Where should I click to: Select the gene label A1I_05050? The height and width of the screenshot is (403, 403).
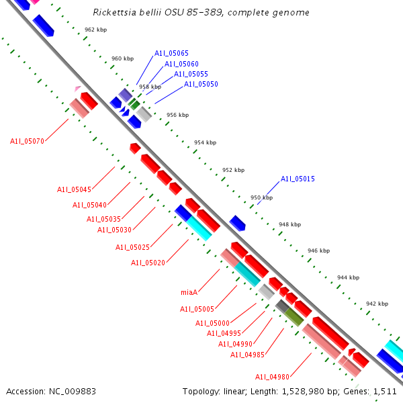201,84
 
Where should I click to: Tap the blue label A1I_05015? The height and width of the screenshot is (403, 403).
298,179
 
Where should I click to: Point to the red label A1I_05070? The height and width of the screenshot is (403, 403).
27,141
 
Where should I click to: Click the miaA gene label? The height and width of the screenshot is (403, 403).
189,292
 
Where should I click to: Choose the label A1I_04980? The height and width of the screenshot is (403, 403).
272,376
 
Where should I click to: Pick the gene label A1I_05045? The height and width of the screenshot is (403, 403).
74,189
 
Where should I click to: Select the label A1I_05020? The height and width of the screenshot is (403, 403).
148,263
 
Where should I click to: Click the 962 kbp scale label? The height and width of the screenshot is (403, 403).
95,30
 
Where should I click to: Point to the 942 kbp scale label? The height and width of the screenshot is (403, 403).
377,304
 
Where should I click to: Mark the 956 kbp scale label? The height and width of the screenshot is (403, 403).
177,115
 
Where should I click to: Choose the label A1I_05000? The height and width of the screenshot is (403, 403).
212,323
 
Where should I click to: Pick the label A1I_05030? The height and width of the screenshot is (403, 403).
114,230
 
